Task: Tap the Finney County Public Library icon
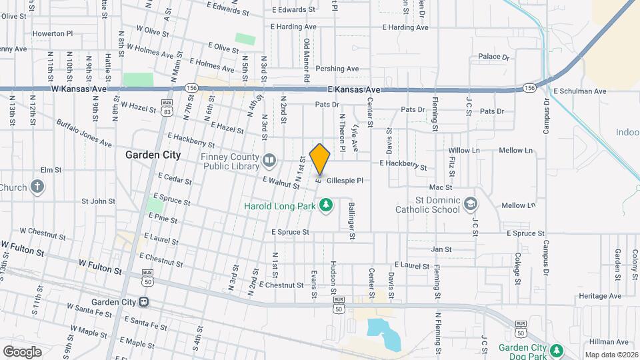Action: tap(269, 159)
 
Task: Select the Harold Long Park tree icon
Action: tap(327, 205)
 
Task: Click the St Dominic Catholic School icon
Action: tap(471, 203)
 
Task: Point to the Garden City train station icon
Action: tap(143, 301)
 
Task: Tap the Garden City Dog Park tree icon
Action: tap(556, 349)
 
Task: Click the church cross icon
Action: tap(38, 187)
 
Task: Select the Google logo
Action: tap(22, 351)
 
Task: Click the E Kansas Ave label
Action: tap(353, 89)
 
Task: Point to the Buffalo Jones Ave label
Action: tap(84, 133)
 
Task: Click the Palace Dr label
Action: tap(493, 57)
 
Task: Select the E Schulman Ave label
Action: tap(579, 91)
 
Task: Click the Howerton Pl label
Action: tap(52, 33)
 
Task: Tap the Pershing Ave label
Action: tap(337, 69)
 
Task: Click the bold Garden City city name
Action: tap(153, 155)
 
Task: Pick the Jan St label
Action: tap(441, 249)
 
